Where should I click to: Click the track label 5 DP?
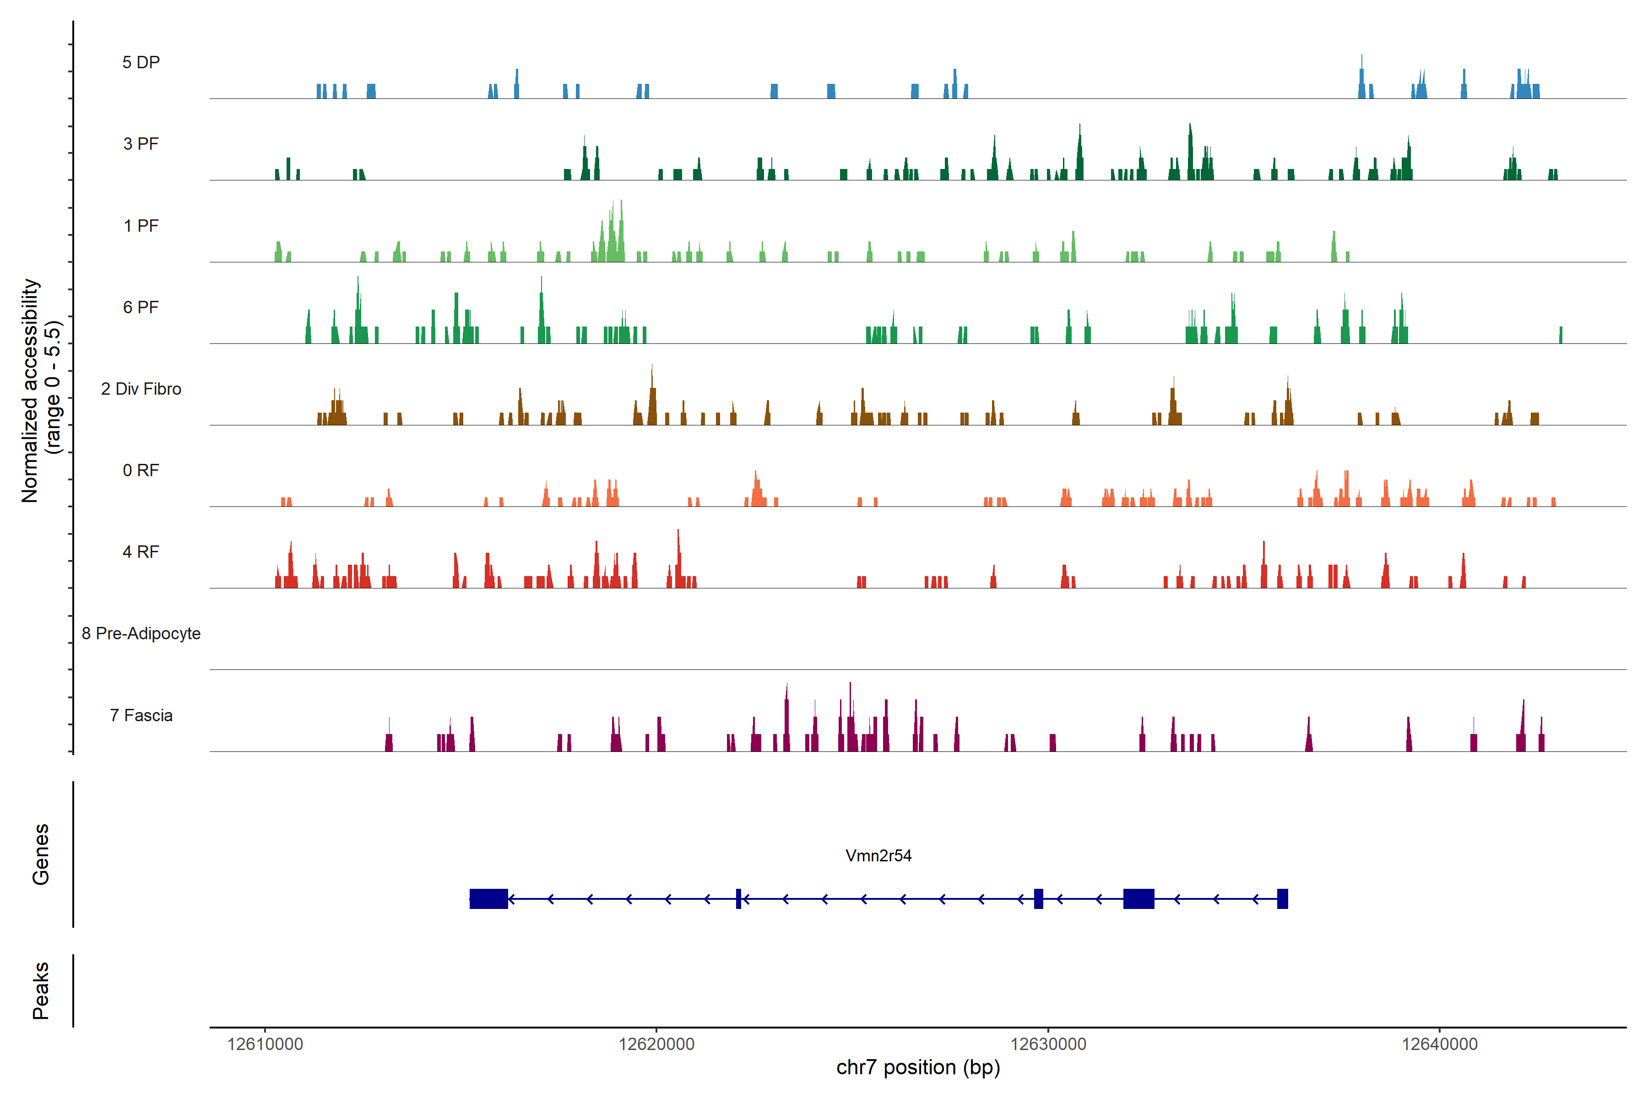coord(141,62)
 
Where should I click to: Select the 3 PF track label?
coord(141,144)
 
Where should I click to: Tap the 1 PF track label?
coord(141,226)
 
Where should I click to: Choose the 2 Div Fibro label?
coord(141,389)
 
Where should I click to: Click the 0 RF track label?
coord(141,470)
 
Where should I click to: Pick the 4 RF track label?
coord(141,552)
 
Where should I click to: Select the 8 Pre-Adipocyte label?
coord(141,634)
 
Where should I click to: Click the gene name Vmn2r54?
coord(878,856)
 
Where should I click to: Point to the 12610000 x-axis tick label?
coord(265,1045)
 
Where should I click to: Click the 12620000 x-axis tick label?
coord(656,1045)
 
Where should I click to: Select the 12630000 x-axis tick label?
coord(1048,1045)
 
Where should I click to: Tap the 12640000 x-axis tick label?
coord(1439,1045)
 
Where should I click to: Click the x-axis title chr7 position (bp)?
coord(918,1067)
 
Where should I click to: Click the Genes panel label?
coord(41,854)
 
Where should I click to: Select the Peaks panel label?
coord(41,990)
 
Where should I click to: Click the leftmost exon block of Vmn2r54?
coord(488,898)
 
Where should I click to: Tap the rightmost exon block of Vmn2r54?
coord(1282,898)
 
